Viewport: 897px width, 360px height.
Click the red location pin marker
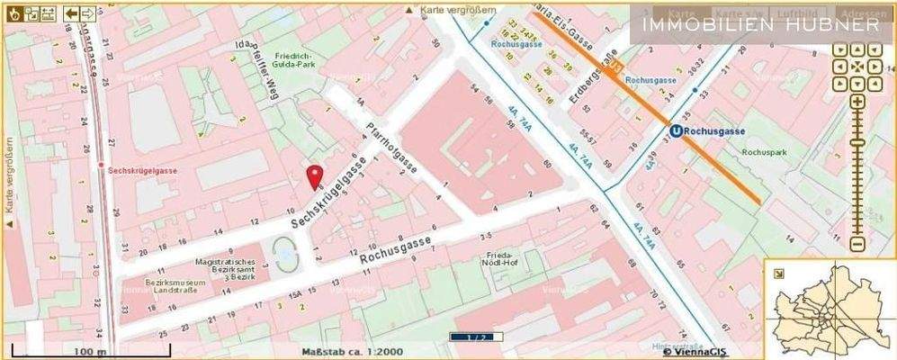point(314,176)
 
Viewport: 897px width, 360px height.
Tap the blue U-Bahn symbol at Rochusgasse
point(675,131)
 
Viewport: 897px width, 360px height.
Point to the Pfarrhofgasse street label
point(390,149)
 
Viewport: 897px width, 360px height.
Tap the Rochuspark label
point(764,153)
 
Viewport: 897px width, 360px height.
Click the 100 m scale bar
point(89,350)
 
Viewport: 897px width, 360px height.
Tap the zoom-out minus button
point(857,244)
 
